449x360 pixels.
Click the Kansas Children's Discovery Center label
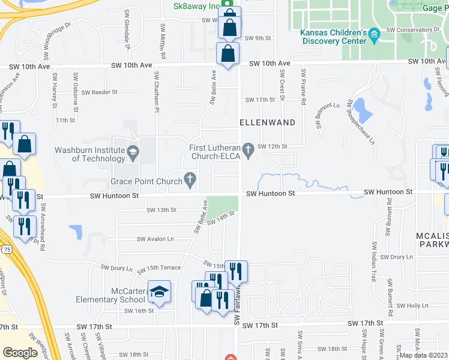point(333,37)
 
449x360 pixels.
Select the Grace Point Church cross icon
point(190,178)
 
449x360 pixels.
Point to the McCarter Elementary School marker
point(159,292)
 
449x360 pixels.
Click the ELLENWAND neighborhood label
point(268,122)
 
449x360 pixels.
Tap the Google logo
point(20,353)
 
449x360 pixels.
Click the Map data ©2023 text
point(424,355)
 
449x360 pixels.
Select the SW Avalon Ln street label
point(155,239)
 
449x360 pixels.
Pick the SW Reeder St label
point(100,92)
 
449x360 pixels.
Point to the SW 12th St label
point(273,146)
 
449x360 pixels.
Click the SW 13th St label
point(161,210)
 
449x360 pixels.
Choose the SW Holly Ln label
point(413,305)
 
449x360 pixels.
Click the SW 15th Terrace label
point(159,268)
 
